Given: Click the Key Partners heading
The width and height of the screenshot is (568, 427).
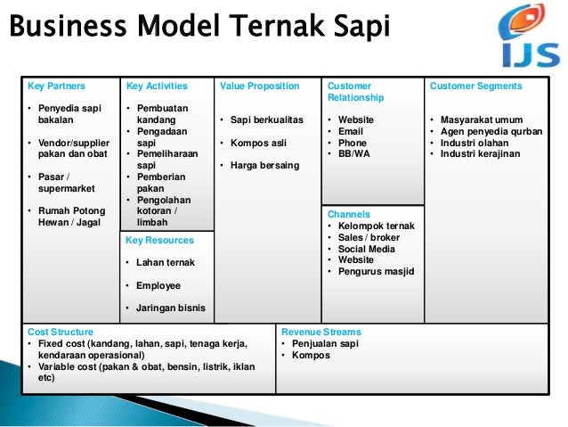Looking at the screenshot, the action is (56, 86).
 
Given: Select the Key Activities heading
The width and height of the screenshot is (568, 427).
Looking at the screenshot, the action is (157, 86).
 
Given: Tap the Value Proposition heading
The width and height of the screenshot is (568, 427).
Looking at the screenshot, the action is (259, 86).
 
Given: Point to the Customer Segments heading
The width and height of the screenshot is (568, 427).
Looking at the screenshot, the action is (475, 86).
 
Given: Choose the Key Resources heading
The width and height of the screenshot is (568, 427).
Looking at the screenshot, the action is (158, 241).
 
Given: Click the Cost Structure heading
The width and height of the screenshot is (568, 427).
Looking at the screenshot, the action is (61, 332).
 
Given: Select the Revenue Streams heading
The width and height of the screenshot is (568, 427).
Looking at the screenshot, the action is (321, 332).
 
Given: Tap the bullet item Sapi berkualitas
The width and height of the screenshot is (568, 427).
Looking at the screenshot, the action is (266, 119).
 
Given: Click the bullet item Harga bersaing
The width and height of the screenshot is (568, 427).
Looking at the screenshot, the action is (264, 165).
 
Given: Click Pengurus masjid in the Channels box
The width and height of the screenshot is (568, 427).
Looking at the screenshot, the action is (376, 272).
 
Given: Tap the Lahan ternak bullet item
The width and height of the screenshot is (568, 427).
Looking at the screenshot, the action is (165, 263).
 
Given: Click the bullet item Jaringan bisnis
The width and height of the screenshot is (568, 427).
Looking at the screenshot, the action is (170, 308).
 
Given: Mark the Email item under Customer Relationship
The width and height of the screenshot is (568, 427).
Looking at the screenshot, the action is (351, 131).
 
